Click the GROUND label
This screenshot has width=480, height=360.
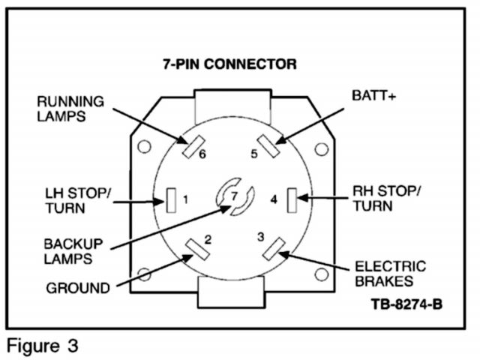tap(79, 287)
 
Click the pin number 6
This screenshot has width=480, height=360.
tap(202, 155)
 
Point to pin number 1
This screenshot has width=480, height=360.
tap(185, 199)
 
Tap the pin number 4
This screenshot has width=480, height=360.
tap(274, 199)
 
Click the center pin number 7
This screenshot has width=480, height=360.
tap(234, 196)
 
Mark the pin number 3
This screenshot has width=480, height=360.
tap(260, 237)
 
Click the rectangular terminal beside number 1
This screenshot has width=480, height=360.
tap(171, 199)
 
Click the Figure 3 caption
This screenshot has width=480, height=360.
tap(43, 346)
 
